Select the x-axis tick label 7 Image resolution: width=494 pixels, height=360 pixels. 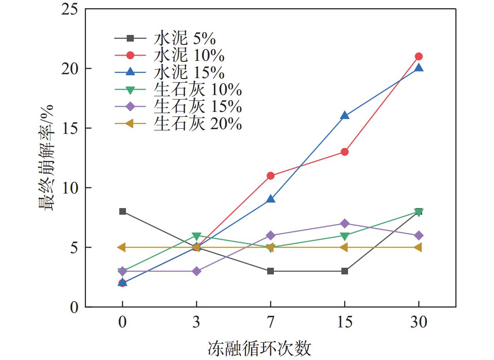coord(270,323)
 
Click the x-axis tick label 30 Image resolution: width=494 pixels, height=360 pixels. coord(419,323)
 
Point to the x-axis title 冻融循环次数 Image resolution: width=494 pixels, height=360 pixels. coord(259,348)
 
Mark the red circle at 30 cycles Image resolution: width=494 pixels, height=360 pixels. coord(419,57)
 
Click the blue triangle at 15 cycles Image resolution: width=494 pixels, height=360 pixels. coord(345,115)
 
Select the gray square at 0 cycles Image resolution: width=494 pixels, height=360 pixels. coord(122,212)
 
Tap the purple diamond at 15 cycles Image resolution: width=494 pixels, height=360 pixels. coord(345,223)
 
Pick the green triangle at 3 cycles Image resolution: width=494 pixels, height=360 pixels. coord(196,236)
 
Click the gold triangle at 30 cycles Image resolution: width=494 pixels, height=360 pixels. coord(418,247)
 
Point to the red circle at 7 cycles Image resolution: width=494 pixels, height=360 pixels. coord(270,176)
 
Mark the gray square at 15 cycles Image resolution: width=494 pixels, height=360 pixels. coord(345,271)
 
